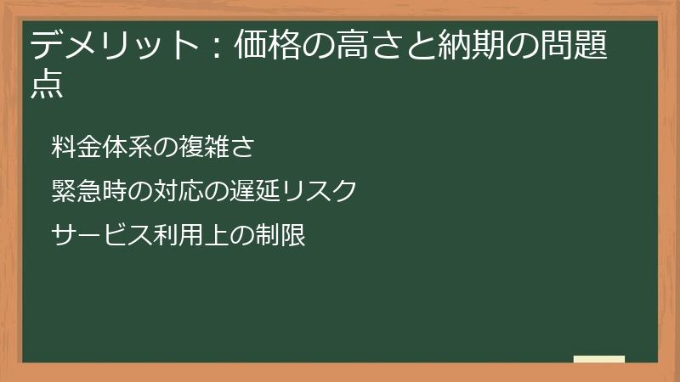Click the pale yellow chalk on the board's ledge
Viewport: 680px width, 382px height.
click(x=599, y=359)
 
